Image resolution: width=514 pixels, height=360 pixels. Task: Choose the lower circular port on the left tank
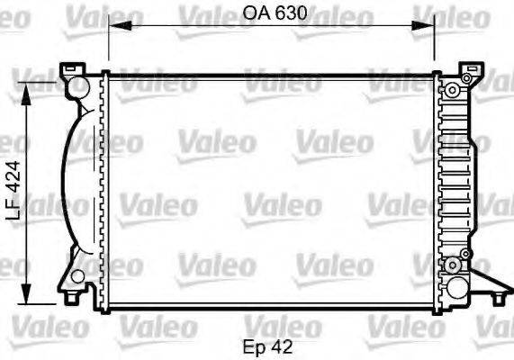click(x=78, y=275)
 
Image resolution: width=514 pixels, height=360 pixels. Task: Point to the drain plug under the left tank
click(x=73, y=294)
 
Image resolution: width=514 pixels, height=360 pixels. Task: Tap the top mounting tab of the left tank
click(x=69, y=68)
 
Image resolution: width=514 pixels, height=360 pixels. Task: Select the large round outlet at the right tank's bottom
click(x=457, y=287)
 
